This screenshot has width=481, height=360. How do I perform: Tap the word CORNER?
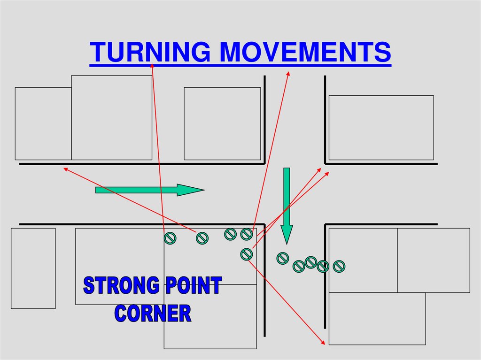pos(153,313)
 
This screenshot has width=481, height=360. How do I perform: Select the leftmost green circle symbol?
pos(170,239)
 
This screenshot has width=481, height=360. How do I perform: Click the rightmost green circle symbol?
pos(339,267)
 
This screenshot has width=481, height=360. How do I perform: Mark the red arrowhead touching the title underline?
pos(153,65)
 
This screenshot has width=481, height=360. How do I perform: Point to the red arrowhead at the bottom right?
pos(323,343)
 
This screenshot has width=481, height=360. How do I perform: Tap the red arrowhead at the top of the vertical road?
pos(288,73)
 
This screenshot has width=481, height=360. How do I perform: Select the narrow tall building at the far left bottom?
pos(33,268)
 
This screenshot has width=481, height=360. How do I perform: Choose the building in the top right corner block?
pos(381,128)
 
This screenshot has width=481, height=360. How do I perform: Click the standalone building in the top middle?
pos(222,123)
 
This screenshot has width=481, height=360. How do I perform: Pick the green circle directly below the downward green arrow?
pos(282,258)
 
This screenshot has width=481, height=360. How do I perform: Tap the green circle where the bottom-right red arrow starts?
pos(246,254)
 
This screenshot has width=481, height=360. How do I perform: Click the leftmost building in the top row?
pos(43,123)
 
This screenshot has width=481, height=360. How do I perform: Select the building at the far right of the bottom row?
pos(434,260)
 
